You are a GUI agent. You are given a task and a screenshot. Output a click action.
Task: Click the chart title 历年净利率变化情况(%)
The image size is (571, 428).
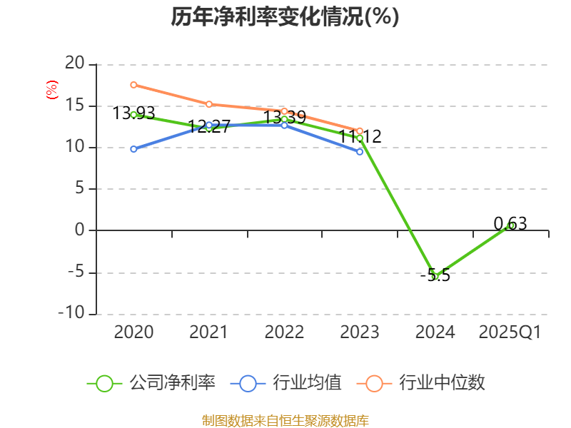[x=285, y=17]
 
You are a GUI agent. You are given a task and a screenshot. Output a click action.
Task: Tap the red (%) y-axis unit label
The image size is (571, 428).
[x=51, y=90]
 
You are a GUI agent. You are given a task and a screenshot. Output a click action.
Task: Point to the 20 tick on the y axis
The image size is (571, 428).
[x=75, y=64]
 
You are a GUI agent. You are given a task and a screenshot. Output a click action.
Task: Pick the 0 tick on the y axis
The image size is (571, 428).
[x=79, y=230]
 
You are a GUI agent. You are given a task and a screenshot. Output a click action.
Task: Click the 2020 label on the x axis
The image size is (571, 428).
[x=133, y=332]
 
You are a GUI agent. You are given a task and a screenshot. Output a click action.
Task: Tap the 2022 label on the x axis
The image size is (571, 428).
[x=284, y=332]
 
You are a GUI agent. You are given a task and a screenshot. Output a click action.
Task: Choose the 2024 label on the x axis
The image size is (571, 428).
[x=435, y=332]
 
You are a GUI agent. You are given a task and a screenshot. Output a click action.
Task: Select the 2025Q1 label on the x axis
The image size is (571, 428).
[x=510, y=332]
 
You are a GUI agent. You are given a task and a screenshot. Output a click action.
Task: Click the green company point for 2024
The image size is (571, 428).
[x=435, y=276]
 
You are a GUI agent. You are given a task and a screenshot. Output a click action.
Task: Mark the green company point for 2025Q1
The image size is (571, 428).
[x=510, y=225]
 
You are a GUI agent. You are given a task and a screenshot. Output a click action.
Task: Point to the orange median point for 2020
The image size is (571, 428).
[x=133, y=85]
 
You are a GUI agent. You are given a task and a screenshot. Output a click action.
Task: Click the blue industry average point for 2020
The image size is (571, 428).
[x=133, y=149]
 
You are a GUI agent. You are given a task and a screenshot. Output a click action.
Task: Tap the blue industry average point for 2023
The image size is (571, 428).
[x=360, y=151]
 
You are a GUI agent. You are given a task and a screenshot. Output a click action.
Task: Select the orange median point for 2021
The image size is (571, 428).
[x=209, y=104]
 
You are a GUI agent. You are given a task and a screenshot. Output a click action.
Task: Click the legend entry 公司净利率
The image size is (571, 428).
[x=151, y=383]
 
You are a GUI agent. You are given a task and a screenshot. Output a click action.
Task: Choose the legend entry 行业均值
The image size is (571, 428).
[x=286, y=383]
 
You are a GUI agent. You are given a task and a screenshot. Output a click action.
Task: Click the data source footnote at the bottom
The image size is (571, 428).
[x=285, y=420]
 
